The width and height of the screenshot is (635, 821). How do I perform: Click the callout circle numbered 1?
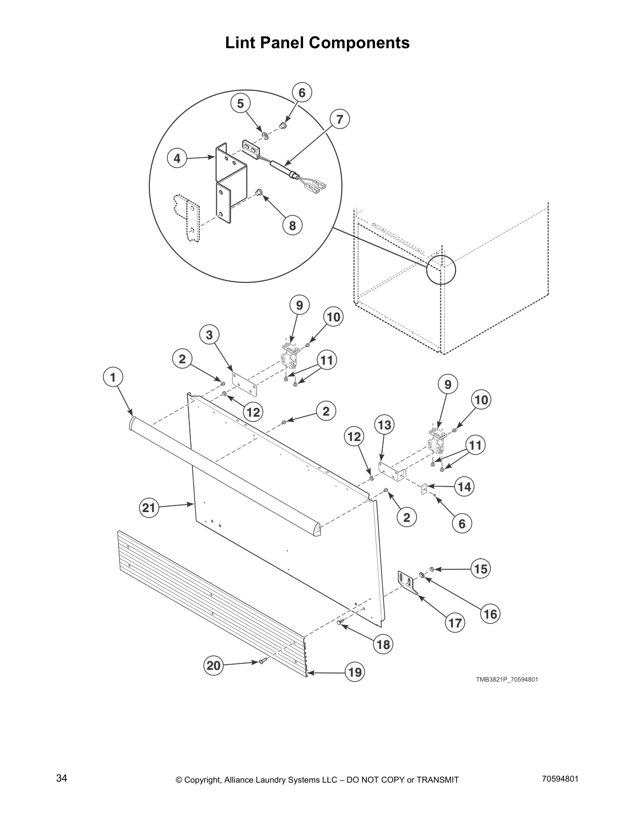[x=113, y=377]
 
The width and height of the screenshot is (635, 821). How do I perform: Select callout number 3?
[x=209, y=335]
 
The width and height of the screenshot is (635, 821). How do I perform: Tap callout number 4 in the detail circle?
[x=177, y=159]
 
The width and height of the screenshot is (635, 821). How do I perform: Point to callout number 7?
[x=339, y=120]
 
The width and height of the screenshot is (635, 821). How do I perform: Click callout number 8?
[x=292, y=225]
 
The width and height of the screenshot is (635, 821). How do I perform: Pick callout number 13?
[x=384, y=425]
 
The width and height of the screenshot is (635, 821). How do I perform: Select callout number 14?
[x=464, y=487]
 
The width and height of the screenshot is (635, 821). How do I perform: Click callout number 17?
[x=455, y=622]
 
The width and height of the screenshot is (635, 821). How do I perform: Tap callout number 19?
[x=355, y=673]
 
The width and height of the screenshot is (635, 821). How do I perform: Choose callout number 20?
[x=214, y=666]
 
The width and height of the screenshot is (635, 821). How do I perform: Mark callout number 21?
[x=149, y=508]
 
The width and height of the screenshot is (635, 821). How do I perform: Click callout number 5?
[x=240, y=104]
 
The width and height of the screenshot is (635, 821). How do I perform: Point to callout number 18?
[x=384, y=644]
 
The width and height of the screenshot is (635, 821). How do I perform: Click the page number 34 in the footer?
[x=61, y=778]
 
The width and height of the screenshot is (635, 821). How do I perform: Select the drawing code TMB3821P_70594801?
[x=507, y=680]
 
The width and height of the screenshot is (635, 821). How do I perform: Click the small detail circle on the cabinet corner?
[x=441, y=270]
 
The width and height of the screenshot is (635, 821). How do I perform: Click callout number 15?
[x=481, y=569]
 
